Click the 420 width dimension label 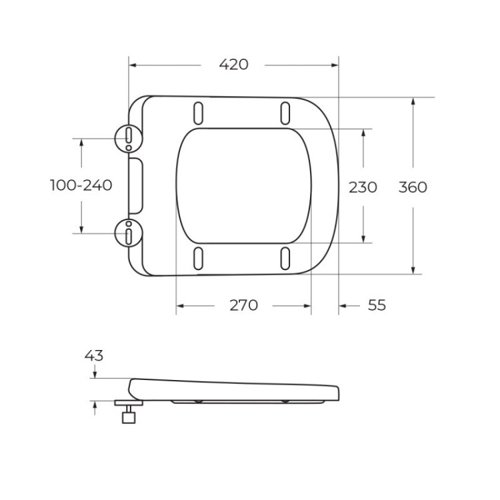[x=233, y=65]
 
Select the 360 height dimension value [x=413, y=187]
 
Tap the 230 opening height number [x=363, y=187]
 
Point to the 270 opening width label [x=243, y=305]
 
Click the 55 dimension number [x=377, y=305]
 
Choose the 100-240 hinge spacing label [x=81, y=185]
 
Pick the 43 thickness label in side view [x=94, y=355]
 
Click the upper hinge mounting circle [x=128, y=138]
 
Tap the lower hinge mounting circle [x=128, y=233]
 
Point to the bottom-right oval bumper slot [x=285, y=259]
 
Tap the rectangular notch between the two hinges [x=135, y=185]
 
